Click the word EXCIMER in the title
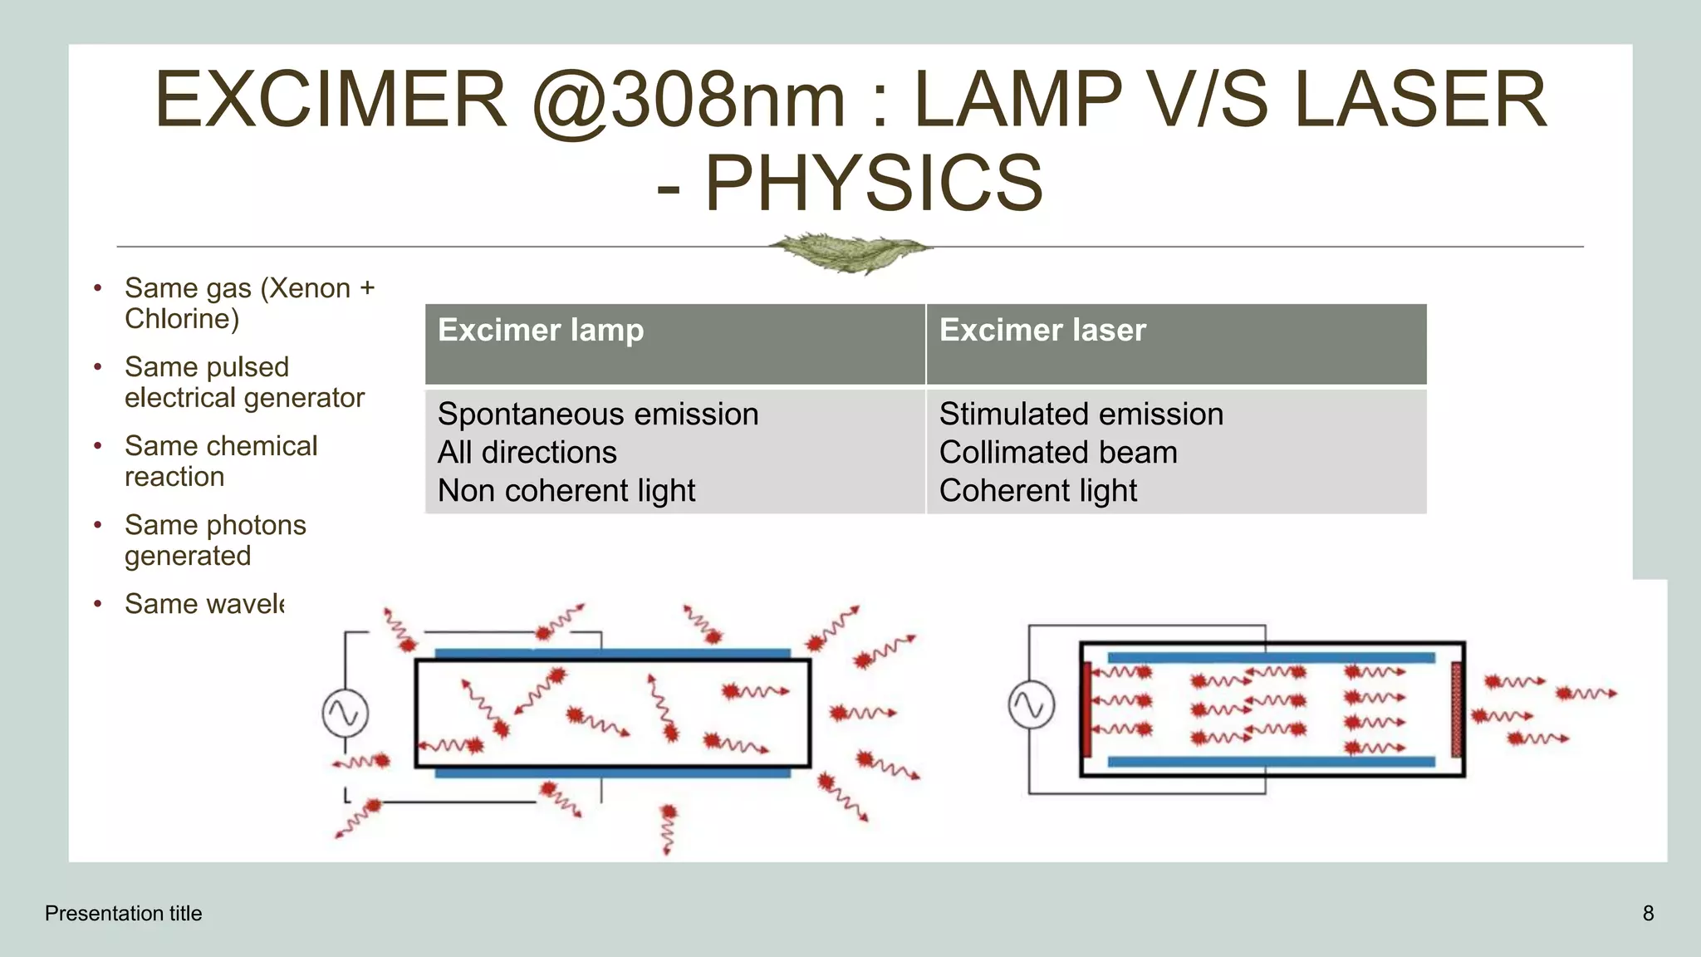(331, 100)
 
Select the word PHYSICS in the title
(874, 183)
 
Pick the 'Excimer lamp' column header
(541, 331)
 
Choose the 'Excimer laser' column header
(1042, 331)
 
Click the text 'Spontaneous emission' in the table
(598, 414)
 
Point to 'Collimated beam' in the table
(1058, 453)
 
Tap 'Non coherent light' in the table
(566, 491)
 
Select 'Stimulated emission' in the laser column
(1081, 414)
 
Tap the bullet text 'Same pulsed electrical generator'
(244, 382)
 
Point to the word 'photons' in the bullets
(257, 525)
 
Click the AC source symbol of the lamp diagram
(346, 713)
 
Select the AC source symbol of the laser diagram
(1032, 705)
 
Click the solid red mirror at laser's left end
(1086, 709)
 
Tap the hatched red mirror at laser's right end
(1455, 709)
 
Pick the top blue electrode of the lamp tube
(612, 654)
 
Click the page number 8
(1648, 914)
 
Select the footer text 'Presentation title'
(124, 914)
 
